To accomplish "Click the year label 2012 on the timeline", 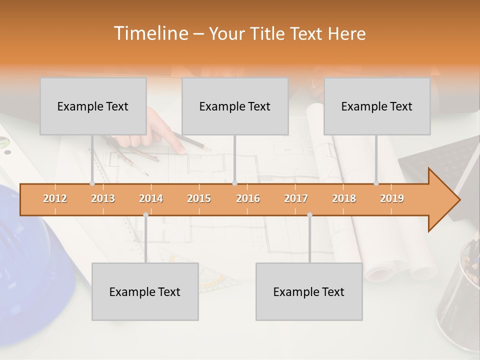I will (55, 199).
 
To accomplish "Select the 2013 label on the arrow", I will (103, 199).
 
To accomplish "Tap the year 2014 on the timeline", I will (151, 199).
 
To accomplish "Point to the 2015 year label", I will (199, 199).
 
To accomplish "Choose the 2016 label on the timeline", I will (248, 199).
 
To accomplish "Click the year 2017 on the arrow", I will (296, 199).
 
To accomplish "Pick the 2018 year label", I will (344, 199).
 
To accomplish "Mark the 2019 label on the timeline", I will (392, 199).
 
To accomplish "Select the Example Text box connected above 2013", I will (93, 106).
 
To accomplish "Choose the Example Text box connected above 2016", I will (235, 106).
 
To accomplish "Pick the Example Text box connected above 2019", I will (377, 106).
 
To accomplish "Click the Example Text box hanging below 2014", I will (145, 291).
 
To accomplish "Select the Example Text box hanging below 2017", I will (309, 291).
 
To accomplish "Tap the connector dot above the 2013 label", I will (92, 183).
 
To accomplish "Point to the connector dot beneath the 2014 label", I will (145, 215).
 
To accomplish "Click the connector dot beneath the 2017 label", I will (309, 215).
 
